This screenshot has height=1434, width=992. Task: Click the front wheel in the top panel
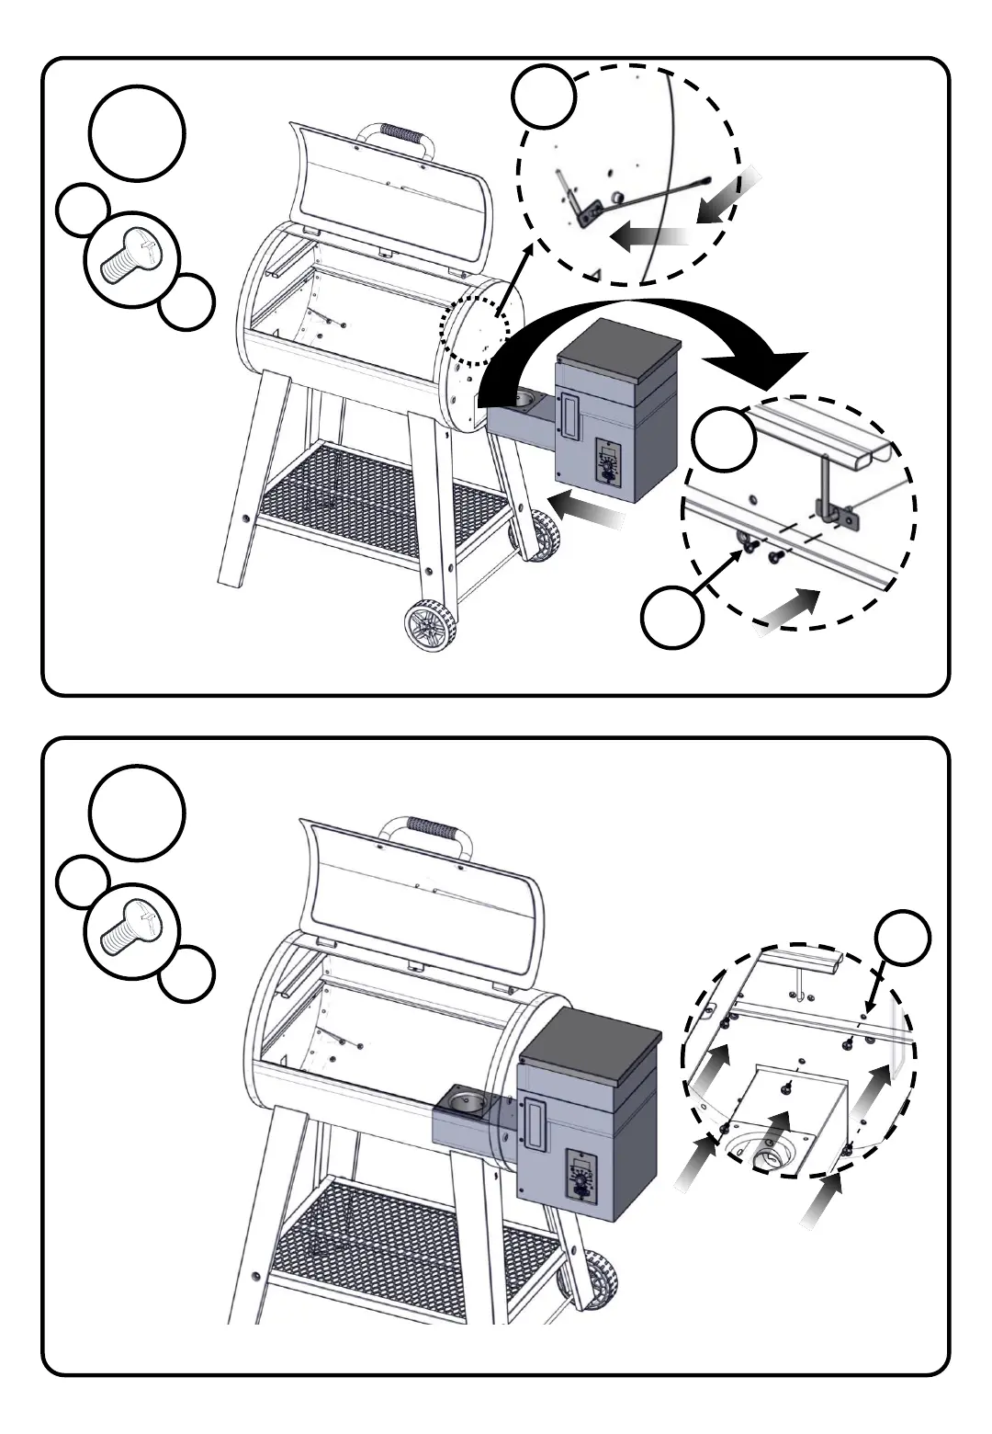coord(430,627)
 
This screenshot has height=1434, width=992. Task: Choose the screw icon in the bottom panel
coord(130,930)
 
